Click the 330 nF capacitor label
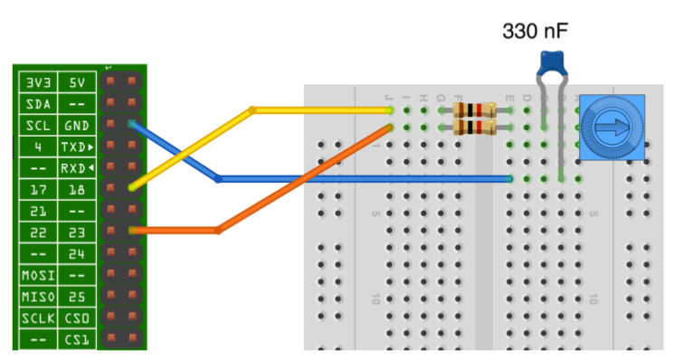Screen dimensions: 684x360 [x=536, y=32]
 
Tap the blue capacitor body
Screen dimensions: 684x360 [x=552, y=63]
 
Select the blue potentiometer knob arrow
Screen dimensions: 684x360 [x=612, y=127]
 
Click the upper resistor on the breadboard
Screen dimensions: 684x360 [x=475, y=110]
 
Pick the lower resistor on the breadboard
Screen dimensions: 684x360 [x=475, y=128]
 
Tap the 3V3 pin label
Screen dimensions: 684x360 [x=38, y=82]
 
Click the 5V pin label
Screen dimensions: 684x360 [x=77, y=82]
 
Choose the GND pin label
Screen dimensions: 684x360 [x=77, y=126]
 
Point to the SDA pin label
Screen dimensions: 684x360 [x=38, y=104]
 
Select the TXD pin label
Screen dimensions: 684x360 [x=78, y=147]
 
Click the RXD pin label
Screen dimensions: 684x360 [x=78, y=168]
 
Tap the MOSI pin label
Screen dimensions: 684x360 [x=38, y=276]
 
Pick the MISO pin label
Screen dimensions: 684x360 [x=38, y=298]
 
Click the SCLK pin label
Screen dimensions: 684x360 [x=38, y=318]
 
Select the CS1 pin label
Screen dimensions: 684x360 [x=77, y=340]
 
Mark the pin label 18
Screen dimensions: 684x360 [x=77, y=190]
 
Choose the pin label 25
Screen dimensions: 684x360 [x=77, y=298]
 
